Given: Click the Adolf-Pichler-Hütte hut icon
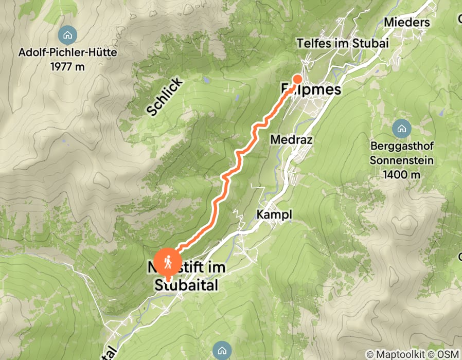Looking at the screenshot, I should point(67,35).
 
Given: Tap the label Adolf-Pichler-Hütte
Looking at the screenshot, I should point(67,52).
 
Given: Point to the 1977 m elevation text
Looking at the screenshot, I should point(67,66).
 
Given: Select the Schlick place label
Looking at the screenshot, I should point(164,96).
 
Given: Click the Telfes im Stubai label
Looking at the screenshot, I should point(342,44).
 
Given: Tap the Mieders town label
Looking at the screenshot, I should point(406,23).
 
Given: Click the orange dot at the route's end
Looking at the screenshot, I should point(297,79).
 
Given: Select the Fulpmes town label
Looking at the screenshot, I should point(311,89).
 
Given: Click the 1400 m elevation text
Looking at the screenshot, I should point(401,174).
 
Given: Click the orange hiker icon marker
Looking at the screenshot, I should point(167,262).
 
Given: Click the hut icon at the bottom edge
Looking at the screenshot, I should point(222,351).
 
